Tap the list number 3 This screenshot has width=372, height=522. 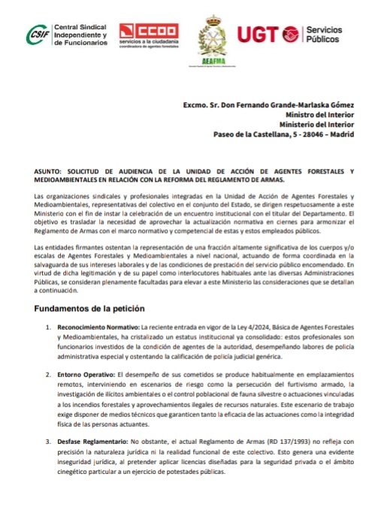click(x=48, y=444)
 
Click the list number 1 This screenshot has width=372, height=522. click(x=48, y=328)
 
